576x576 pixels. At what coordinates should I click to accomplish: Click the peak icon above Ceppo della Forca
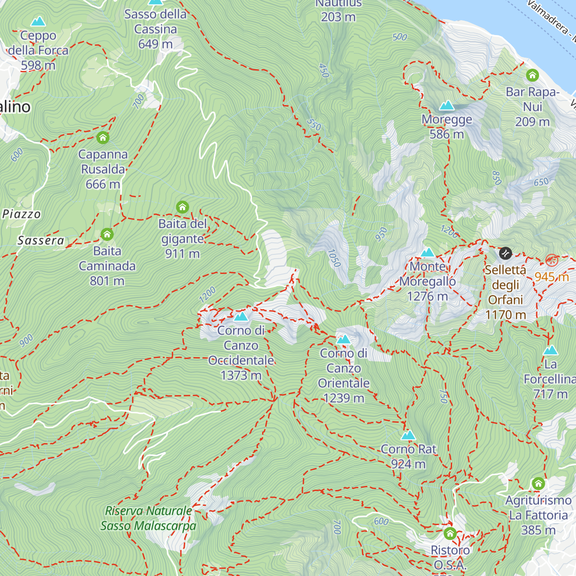click(x=38, y=22)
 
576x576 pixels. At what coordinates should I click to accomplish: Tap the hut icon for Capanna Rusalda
click(x=103, y=138)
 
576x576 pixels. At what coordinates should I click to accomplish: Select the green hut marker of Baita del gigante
click(x=182, y=207)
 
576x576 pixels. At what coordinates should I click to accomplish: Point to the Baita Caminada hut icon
click(x=107, y=235)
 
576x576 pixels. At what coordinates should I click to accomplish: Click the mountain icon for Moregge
click(x=447, y=105)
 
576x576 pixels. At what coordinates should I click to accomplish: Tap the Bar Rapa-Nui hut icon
click(x=532, y=75)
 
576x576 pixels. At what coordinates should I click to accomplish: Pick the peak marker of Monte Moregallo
click(x=427, y=252)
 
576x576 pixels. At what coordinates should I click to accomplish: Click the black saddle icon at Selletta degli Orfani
click(x=505, y=253)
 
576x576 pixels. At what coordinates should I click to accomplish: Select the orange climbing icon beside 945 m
click(x=552, y=261)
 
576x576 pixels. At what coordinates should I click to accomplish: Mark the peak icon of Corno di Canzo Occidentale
click(x=241, y=316)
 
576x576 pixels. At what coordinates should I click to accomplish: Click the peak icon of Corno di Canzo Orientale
click(x=343, y=339)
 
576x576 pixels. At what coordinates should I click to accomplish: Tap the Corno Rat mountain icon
click(x=408, y=435)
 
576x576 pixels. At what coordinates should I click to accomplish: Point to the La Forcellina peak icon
click(x=551, y=350)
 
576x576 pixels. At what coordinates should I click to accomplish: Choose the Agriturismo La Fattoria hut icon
click(x=538, y=483)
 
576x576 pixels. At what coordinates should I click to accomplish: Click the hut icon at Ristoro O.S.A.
click(x=450, y=533)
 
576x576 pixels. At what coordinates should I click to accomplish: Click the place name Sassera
click(x=41, y=240)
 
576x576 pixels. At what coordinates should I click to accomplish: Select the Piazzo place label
click(x=22, y=214)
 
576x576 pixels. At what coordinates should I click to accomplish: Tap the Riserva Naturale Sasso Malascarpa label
click(x=148, y=518)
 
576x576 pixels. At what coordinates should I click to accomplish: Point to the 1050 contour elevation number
click(x=334, y=258)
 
